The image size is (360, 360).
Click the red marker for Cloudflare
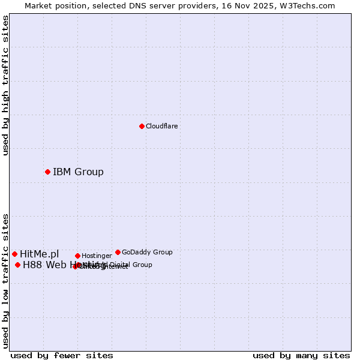142,126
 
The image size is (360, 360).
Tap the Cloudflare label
162,126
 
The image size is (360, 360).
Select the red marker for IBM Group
47,172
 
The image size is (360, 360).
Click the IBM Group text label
78,172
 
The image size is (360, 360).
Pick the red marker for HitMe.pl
14,254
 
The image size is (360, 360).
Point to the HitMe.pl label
40,254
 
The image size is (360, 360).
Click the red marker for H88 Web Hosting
17,265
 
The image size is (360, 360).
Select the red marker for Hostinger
77,256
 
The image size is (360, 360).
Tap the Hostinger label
97,256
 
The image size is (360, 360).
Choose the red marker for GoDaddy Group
118,253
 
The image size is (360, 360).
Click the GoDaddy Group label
147,253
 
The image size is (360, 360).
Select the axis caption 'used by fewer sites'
62,355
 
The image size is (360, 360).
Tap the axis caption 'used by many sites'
301,355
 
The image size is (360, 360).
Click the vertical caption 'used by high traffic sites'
6,85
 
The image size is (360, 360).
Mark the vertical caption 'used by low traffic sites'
6,281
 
